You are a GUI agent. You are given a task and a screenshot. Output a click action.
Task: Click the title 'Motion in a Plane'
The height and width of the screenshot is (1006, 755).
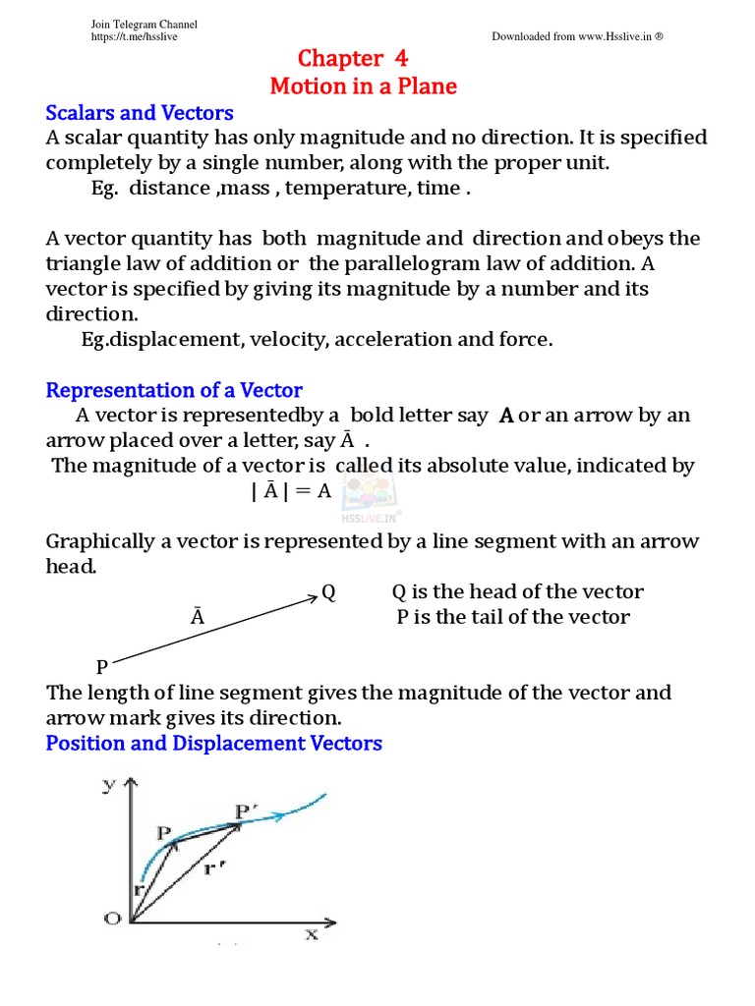pos(363,86)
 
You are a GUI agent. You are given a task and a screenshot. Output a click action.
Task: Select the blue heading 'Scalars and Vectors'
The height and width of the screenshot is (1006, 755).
pos(140,112)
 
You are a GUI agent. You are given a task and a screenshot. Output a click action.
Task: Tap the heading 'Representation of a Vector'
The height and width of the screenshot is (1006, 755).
pos(174,390)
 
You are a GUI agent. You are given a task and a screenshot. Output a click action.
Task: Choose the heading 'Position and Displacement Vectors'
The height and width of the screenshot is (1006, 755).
pos(213,743)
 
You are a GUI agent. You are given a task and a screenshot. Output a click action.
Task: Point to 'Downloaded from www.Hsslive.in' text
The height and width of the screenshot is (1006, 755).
pos(577,36)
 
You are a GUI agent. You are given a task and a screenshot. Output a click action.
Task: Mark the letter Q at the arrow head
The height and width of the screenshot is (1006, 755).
pos(328,592)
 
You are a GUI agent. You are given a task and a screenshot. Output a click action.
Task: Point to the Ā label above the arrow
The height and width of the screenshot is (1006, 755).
pos(198,618)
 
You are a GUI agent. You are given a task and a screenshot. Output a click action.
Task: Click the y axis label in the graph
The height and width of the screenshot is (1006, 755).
pos(108,784)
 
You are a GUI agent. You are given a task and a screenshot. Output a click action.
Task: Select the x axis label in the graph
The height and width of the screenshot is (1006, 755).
pos(312,934)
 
